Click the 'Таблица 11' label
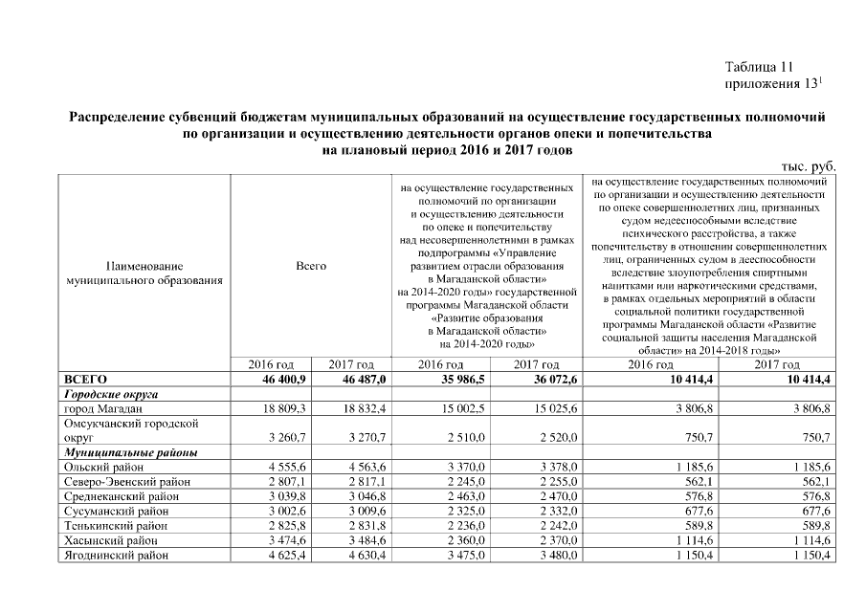(760, 67)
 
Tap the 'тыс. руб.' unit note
(810, 165)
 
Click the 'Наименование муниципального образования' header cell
(144, 273)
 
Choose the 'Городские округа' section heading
(110, 394)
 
